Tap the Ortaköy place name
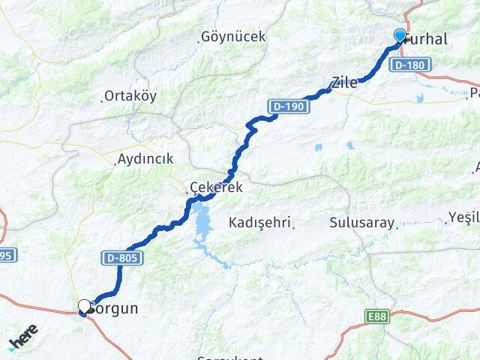pos(130,97)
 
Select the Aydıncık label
pos(145,159)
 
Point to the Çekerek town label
pos(217,187)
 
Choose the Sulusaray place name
pos(362,223)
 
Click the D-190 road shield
pos(289,106)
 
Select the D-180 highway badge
pos(410,66)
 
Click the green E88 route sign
pos(378,317)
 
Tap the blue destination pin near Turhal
pos(400,35)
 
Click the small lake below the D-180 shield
pos(419,98)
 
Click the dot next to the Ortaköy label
pos(103,100)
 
